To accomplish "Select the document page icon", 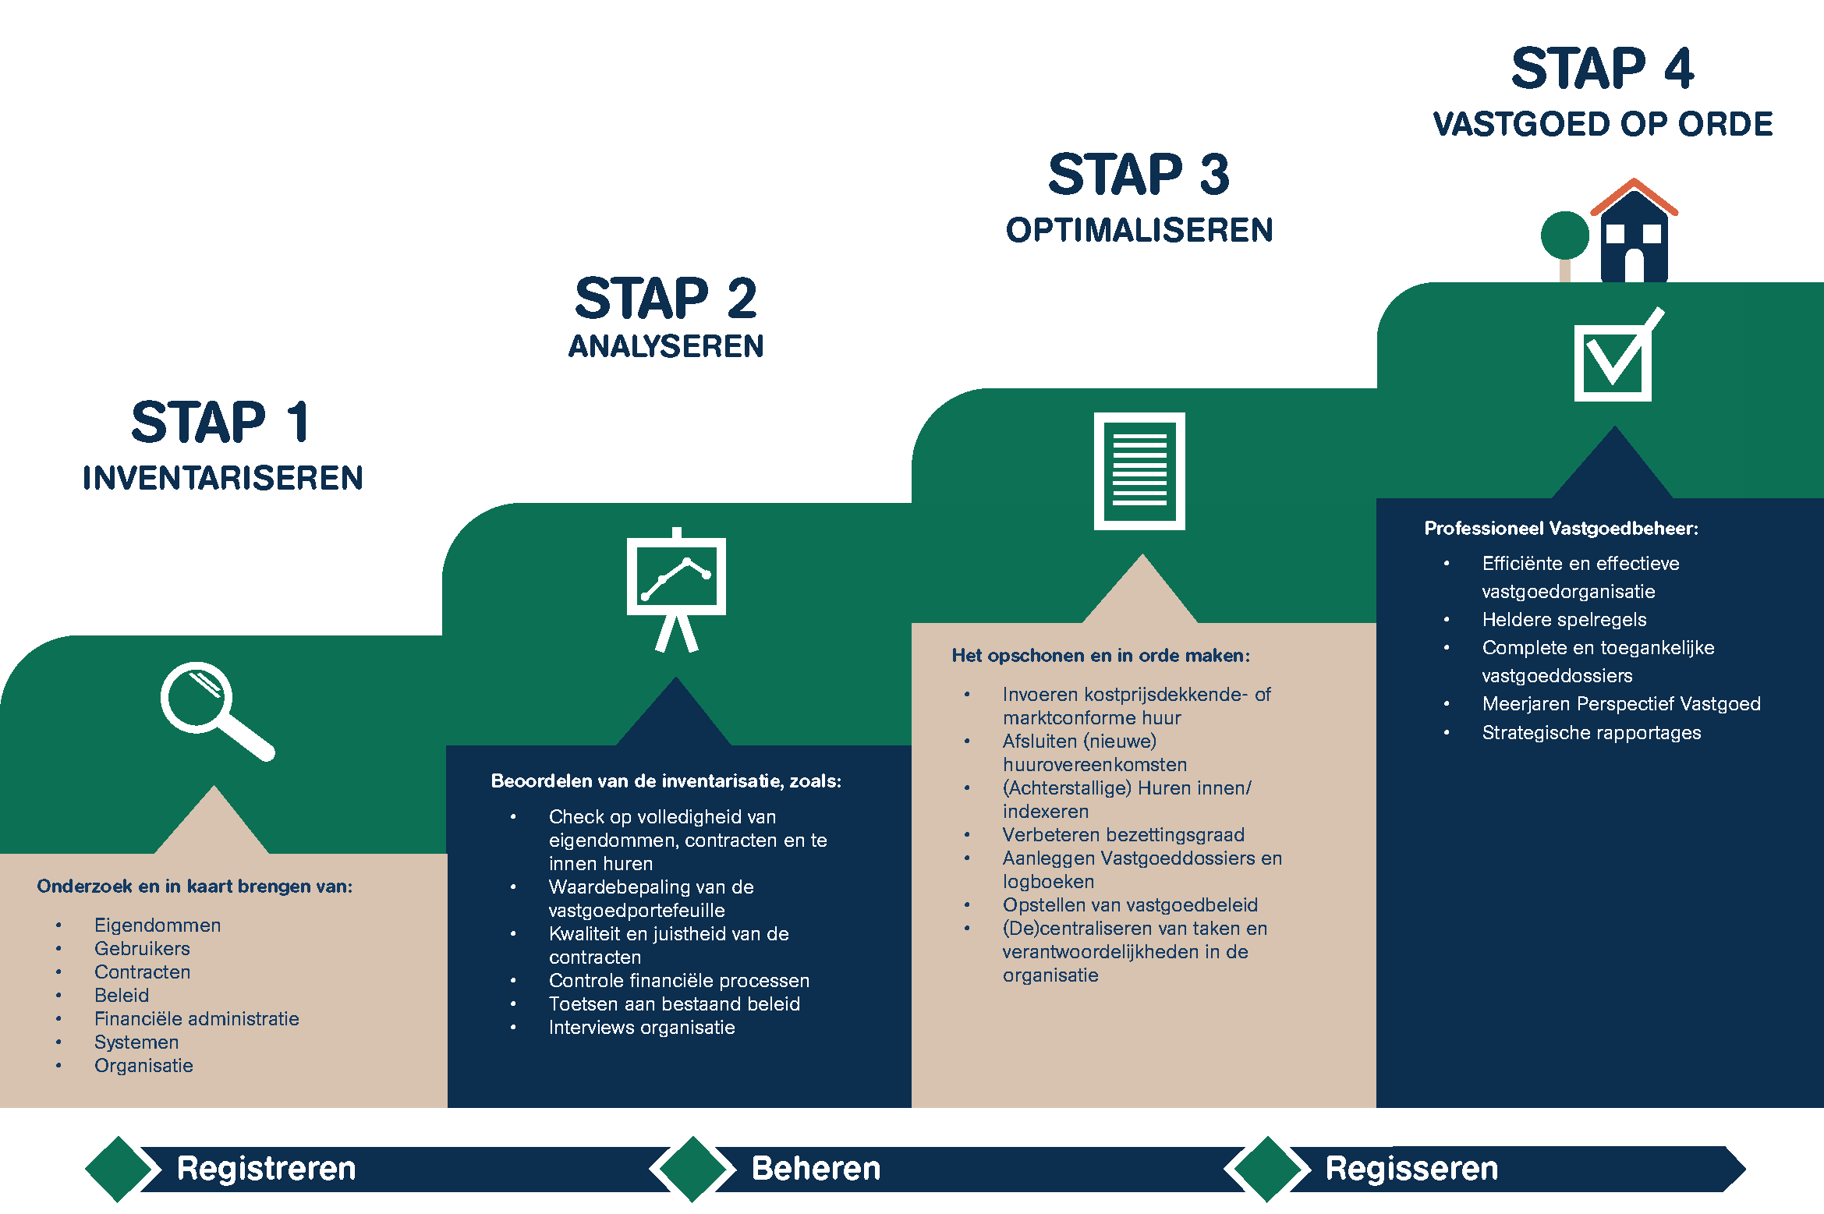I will tap(1139, 471).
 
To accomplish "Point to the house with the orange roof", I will tap(1635, 234).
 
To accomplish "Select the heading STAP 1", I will tap(221, 423).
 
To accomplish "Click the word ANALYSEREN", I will tap(666, 346).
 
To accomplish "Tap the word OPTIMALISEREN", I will tap(1139, 231).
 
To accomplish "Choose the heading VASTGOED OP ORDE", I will tap(1603, 125).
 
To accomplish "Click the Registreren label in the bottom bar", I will tap(266, 1169).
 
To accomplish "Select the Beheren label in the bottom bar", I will tap(816, 1169).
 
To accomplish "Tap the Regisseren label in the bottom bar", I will tap(1411, 1169).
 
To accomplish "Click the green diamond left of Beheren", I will tap(692, 1169).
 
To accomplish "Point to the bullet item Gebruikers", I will tap(142, 949).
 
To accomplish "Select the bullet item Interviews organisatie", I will tap(642, 1028).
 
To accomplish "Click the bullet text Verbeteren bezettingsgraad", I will tap(1123, 835).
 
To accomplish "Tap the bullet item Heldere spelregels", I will tap(1564, 620).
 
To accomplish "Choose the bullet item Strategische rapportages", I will tap(1592, 733).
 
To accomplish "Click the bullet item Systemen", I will tap(136, 1042).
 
